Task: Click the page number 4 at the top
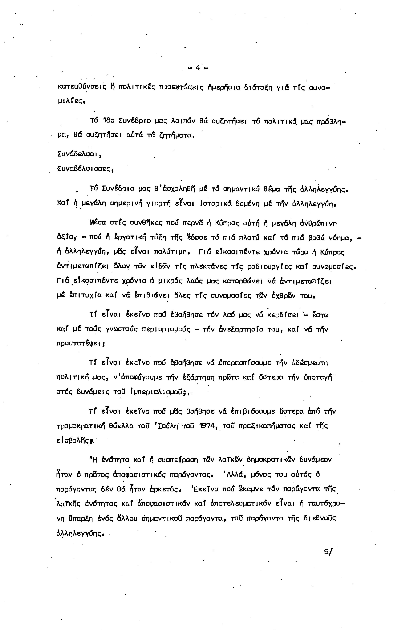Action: [198, 68]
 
